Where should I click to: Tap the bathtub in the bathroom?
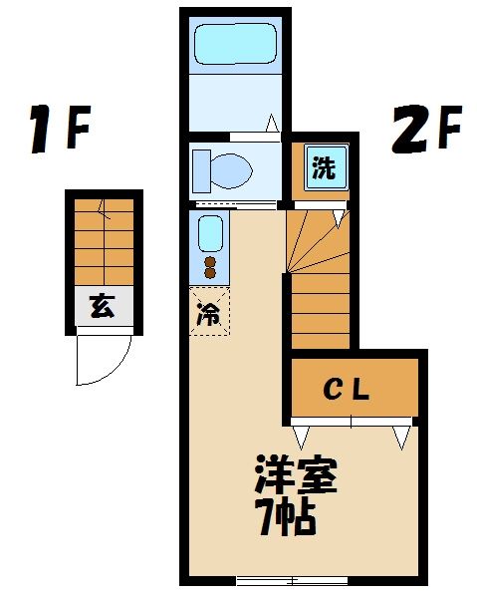pyautogui.click(x=234, y=45)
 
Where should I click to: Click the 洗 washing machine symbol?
pyautogui.click(x=324, y=167)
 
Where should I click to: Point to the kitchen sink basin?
pyautogui.click(x=210, y=235)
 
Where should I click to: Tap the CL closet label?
pyautogui.click(x=350, y=389)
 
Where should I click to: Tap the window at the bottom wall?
pyautogui.click(x=291, y=580)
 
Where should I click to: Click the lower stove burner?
pyautogui.click(x=210, y=273)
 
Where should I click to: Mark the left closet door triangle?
pyautogui.click(x=302, y=433)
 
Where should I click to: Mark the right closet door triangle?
pyautogui.click(x=402, y=436)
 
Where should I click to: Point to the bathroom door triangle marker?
pyautogui.click(x=271, y=124)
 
